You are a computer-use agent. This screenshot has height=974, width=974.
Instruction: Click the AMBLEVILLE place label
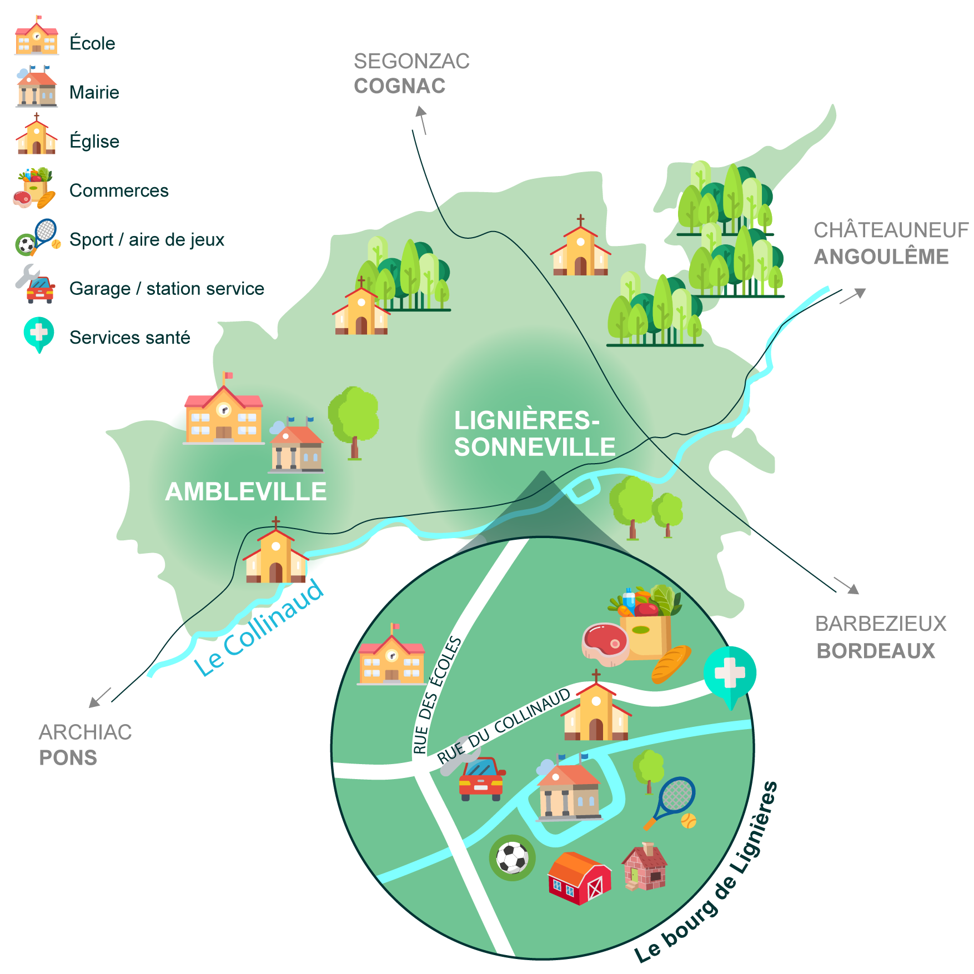245,491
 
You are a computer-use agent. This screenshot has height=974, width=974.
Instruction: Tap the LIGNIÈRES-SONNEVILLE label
534,434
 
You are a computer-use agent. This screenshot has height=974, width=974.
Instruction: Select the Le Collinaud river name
259,627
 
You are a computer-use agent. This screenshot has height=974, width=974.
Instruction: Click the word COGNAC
400,86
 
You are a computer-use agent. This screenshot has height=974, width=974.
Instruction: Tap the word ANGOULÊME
881,257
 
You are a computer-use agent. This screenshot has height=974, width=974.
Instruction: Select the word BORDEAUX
876,651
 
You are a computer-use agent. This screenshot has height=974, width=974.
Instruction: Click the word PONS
68,757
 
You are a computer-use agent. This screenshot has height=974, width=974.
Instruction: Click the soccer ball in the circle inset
512,857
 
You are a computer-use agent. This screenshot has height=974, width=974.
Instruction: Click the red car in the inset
481,778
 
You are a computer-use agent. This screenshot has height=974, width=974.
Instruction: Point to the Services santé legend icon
39,334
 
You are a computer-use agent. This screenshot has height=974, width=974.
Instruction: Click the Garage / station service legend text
167,289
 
